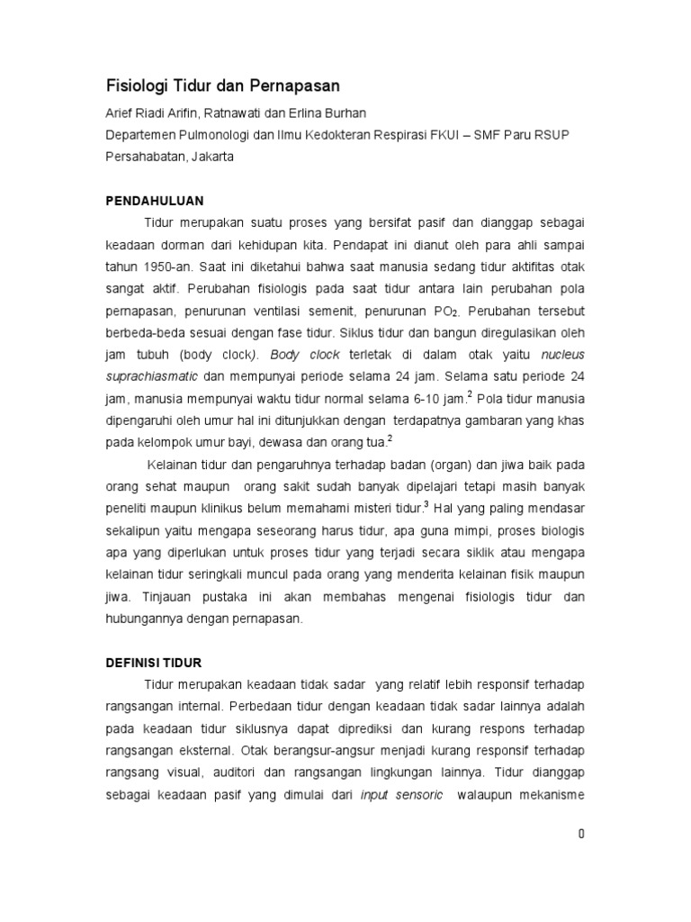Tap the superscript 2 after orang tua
pyautogui.click(x=389, y=438)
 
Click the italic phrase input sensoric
pyautogui.click(x=401, y=793)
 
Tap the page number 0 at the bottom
pyautogui.click(x=582, y=834)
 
